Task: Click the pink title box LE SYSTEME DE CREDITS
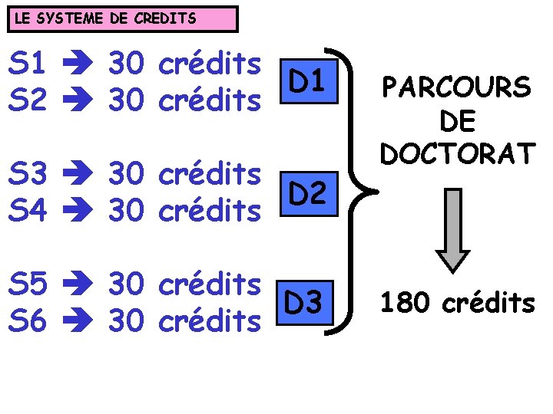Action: point(123,18)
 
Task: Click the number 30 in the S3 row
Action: point(127,175)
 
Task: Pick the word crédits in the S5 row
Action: point(209,284)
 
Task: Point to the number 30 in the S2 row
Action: point(127,100)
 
